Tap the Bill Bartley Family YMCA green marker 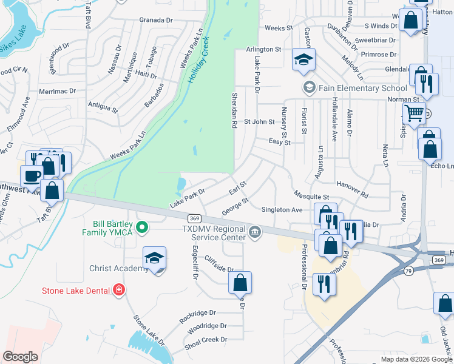(143, 228)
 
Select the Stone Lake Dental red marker (120, 290)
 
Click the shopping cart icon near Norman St (414, 113)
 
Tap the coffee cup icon (32, 176)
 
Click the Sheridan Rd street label (234, 110)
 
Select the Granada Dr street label (156, 20)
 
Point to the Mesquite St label (311, 197)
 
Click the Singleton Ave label (282, 210)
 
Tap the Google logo (20, 357)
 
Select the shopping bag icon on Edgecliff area (240, 282)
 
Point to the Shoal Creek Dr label (207, 340)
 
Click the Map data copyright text (416, 359)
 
